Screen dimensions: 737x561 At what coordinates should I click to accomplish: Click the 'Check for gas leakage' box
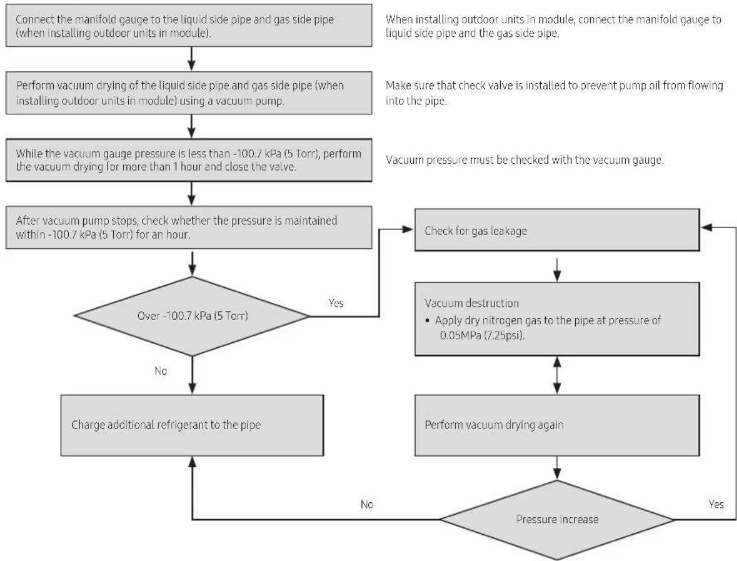pyautogui.click(x=557, y=230)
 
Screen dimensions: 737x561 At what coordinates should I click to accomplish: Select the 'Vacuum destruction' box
pyautogui.click(x=557, y=319)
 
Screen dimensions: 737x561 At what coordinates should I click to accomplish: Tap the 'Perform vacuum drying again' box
pyautogui.click(x=557, y=425)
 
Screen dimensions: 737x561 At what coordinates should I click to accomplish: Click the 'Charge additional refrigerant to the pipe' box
pyautogui.click(x=193, y=425)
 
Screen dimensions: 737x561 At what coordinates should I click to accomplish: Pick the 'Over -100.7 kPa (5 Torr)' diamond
pyautogui.click(x=193, y=315)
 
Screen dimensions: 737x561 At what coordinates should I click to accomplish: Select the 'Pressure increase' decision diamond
pyautogui.click(x=557, y=520)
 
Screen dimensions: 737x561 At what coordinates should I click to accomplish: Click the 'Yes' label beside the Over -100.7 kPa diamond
pyautogui.click(x=336, y=303)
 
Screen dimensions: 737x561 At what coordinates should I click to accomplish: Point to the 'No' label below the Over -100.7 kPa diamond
pyautogui.click(x=161, y=371)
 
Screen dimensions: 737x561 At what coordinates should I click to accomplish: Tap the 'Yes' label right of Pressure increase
pyautogui.click(x=716, y=504)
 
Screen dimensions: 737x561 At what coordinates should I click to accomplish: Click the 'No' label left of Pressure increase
pyautogui.click(x=366, y=504)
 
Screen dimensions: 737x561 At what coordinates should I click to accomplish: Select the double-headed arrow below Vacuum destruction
pyautogui.click(x=557, y=375)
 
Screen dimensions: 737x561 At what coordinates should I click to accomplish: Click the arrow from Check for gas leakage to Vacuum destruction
pyautogui.click(x=557, y=269)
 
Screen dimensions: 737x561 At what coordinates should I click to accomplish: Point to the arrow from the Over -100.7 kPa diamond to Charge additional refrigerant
pyautogui.click(x=193, y=375)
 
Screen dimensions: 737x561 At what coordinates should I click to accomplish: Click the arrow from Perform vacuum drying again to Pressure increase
pyautogui.click(x=557, y=468)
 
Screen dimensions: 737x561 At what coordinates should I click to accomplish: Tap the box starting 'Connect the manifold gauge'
pyautogui.click(x=189, y=26)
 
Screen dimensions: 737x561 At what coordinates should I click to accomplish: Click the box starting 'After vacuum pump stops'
pyautogui.click(x=189, y=227)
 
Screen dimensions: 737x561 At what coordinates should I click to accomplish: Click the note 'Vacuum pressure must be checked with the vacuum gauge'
pyautogui.click(x=525, y=160)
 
